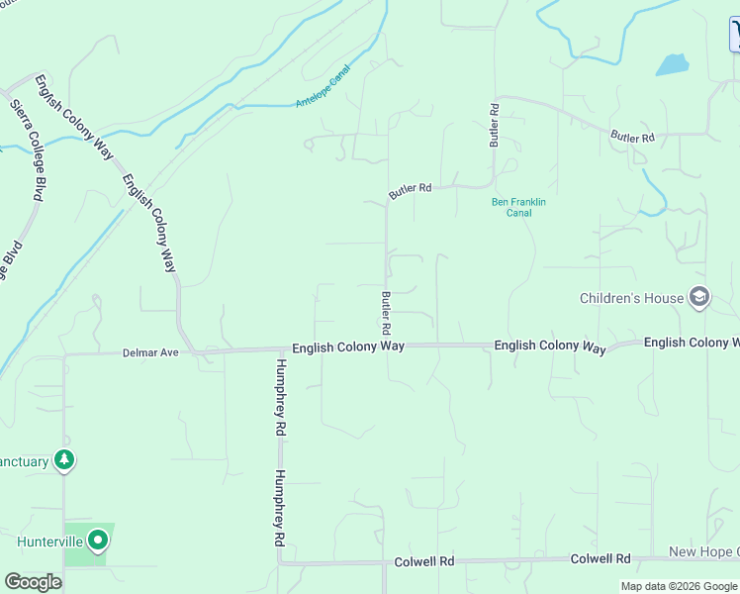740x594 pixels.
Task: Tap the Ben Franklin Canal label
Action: [x=518, y=207]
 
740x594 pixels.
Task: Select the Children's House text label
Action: [x=631, y=298]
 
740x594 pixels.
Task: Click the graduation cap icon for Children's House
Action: [x=699, y=297]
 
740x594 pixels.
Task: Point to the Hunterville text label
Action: [x=47, y=542]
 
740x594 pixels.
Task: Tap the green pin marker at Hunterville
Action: [x=97, y=541]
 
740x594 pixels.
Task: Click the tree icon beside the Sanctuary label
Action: [x=64, y=460]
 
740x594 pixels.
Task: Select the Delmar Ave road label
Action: [x=150, y=351]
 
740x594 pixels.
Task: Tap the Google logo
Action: [x=33, y=582]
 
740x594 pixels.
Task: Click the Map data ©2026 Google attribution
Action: [x=680, y=586]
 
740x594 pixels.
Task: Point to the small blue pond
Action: [x=672, y=65]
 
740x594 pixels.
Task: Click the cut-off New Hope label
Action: [x=703, y=551]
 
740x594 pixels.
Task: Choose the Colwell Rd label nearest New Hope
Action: [x=601, y=559]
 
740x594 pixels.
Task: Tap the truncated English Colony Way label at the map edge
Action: [x=692, y=343]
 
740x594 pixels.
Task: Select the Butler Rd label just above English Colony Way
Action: [x=387, y=312]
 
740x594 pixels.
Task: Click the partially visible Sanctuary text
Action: [x=24, y=461]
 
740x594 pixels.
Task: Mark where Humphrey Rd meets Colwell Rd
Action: [x=279, y=561]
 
